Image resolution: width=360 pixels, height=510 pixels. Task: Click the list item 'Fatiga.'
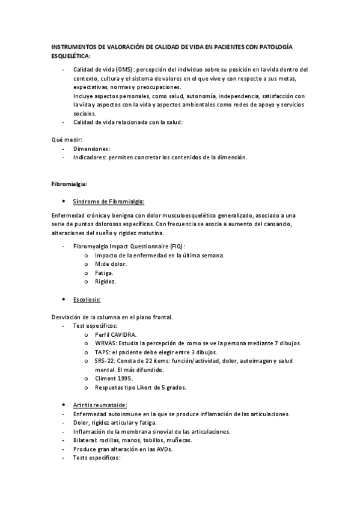tap(105, 272)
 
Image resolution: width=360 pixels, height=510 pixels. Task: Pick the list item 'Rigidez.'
tap(106, 281)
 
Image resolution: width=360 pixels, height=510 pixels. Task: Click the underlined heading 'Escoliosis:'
tap(87, 299)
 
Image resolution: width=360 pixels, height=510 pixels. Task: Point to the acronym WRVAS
tap(106, 343)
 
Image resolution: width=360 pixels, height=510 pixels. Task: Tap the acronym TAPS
tap(103, 352)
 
